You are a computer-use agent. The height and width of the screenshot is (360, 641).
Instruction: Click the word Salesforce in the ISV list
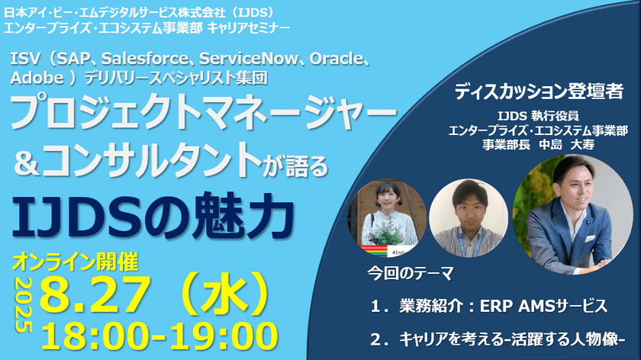tap(145, 59)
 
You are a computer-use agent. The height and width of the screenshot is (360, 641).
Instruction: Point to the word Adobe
tap(32, 77)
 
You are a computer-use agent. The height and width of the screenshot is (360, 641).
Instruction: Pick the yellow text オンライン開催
tap(75, 262)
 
